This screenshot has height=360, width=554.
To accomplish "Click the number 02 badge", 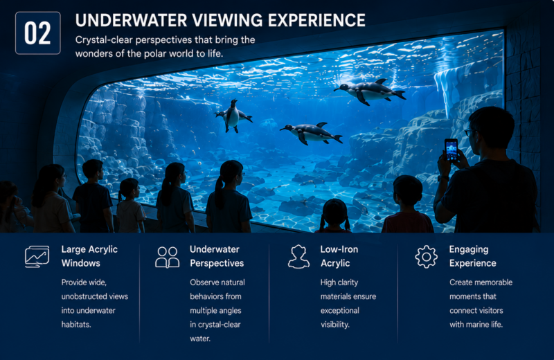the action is [x=38, y=33].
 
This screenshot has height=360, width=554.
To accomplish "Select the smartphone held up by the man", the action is [x=452, y=150].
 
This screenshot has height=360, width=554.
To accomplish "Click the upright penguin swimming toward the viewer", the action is [x=233, y=116].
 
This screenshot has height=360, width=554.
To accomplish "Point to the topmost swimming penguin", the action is [x=370, y=91].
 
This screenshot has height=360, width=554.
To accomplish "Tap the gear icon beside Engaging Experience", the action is [x=426, y=257].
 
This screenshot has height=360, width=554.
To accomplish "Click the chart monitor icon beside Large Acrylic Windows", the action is [x=37, y=256].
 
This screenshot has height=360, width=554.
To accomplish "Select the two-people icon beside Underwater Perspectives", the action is [x=167, y=258].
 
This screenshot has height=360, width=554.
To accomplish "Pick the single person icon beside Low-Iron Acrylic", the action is [x=298, y=257].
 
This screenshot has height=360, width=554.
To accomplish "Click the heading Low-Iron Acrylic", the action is [x=339, y=256].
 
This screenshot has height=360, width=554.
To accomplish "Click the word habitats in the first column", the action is [x=76, y=324].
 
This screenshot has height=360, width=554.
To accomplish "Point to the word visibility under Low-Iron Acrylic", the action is [x=335, y=324].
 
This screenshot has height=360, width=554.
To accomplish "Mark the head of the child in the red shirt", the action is [x=408, y=190].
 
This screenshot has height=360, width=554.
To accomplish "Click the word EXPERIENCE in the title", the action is [x=316, y=20].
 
